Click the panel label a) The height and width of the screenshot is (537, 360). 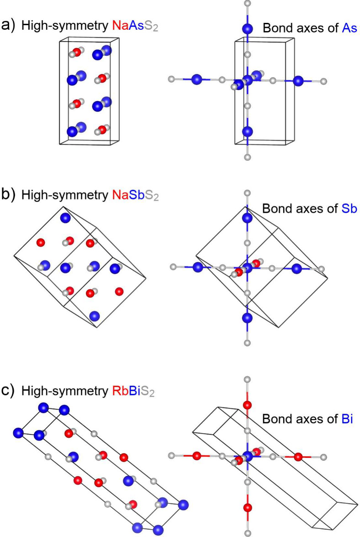(8, 25)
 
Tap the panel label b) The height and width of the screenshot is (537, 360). (8, 194)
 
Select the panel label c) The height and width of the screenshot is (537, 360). (8, 391)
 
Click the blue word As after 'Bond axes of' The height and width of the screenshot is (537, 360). (349, 28)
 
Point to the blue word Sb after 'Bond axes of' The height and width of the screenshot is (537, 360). (349, 208)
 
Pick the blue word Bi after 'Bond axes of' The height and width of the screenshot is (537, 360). (347, 419)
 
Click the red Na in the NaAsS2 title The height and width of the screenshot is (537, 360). (121, 25)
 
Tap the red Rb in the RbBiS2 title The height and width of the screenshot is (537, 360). (121, 391)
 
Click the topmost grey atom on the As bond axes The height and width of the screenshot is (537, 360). (248, 3)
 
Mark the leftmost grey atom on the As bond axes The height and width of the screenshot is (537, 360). (172, 80)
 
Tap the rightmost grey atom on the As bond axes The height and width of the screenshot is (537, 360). (323, 81)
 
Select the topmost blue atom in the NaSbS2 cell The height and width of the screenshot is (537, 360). (65, 218)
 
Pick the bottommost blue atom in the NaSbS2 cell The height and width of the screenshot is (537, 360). (94, 316)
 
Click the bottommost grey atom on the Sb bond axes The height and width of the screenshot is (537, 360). (248, 342)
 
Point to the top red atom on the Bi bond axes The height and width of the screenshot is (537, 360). (248, 405)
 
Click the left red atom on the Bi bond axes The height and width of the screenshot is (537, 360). (196, 456)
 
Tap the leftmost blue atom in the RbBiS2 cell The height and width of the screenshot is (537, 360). (18, 432)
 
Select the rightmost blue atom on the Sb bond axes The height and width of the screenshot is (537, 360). (296, 269)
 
